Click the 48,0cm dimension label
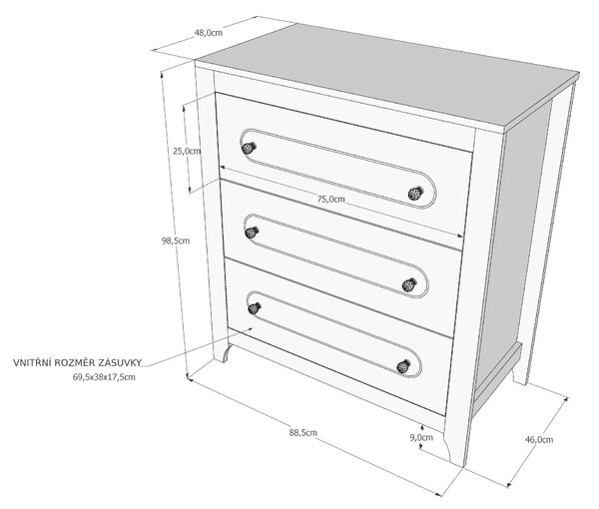(x=209, y=33)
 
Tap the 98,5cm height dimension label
(x=176, y=241)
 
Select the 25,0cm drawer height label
(x=187, y=151)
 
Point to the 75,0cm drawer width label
(x=330, y=199)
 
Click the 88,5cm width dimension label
(x=302, y=432)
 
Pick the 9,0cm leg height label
(x=421, y=437)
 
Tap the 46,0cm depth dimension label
(x=539, y=439)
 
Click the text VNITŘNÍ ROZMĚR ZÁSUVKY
(x=78, y=362)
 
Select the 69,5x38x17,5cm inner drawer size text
(x=104, y=377)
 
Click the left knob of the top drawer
(x=249, y=148)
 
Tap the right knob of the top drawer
(x=415, y=194)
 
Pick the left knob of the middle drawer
(x=252, y=233)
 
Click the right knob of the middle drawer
(x=408, y=284)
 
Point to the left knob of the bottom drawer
(x=255, y=308)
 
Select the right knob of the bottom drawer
(x=403, y=367)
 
